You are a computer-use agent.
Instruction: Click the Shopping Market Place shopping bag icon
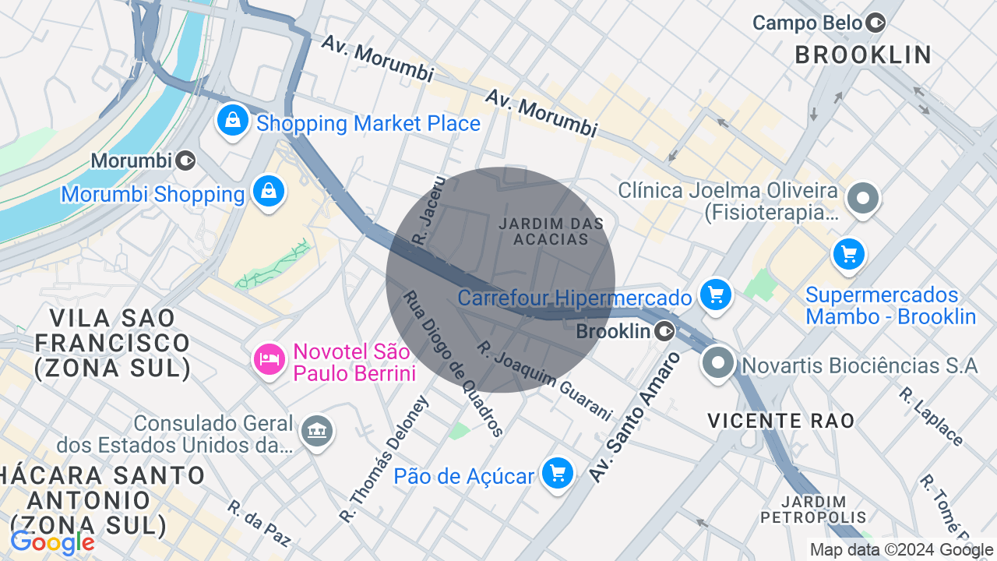point(232,121)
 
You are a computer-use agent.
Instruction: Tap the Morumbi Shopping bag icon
point(269,191)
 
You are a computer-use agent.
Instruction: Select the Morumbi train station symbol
point(185,161)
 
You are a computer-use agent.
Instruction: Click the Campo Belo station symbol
point(876,23)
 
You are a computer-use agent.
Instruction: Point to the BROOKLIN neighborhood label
point(863,55)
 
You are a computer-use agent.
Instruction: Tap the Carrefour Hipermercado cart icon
point(715,295)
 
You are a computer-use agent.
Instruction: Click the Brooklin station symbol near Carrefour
point(664,332)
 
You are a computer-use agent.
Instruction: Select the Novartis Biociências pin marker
point(717,362)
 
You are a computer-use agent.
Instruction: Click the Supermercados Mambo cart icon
point(848,254)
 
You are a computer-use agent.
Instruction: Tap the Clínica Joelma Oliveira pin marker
point(863,198)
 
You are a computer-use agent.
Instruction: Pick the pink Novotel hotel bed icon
point(269,359)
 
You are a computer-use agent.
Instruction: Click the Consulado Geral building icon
point(317,430)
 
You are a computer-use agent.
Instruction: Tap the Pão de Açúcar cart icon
point(558,472)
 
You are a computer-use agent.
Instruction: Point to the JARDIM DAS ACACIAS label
point(551,231)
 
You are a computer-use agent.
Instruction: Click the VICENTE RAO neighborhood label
point(780,421)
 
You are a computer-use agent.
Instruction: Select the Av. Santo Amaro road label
point(633,416)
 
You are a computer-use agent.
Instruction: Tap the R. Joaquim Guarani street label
point(544,381)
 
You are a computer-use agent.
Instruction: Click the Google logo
point(52,543)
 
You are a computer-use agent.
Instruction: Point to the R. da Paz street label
point(259,523)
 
